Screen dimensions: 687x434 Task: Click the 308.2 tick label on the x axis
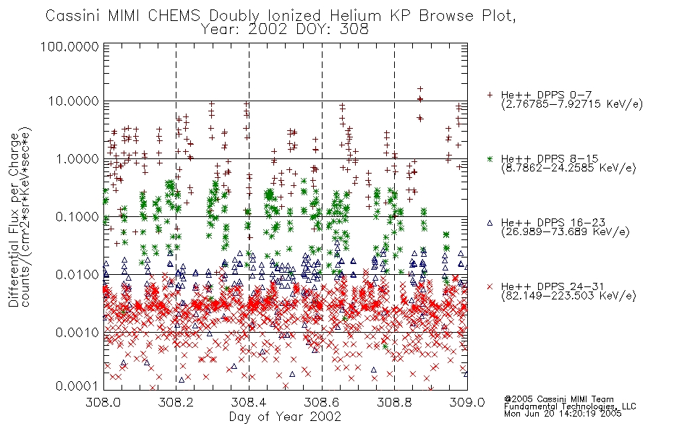tap(176, 402)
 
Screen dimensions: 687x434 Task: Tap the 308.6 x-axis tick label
tap(322, 402)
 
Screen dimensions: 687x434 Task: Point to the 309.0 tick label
tap(467, 402)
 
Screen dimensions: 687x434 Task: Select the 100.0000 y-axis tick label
tap(69, 46)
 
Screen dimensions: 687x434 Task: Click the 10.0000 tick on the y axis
tap(74, 101)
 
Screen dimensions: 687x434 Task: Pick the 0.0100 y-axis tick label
tap(77, 275)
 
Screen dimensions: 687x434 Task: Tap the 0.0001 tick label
tap(77, 386)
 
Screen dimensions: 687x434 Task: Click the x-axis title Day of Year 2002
tap(285, 417)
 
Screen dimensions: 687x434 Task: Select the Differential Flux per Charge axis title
tap(14, 220)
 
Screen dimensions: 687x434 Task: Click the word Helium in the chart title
tap(355, 16)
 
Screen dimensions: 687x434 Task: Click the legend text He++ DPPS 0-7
tap(546, 95)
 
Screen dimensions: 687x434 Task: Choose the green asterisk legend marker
tap(490, 159)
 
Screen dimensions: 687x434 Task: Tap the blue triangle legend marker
tap(490, 223)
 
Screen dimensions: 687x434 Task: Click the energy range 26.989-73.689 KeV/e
tap(566, 231)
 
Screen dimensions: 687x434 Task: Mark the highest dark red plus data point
tap(420, 89)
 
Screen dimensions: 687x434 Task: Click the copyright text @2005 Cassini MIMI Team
tap(558, 399)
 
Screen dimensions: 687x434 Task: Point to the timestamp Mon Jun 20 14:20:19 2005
tap(563, 414)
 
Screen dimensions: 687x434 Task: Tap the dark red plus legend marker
tap(490, 95)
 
